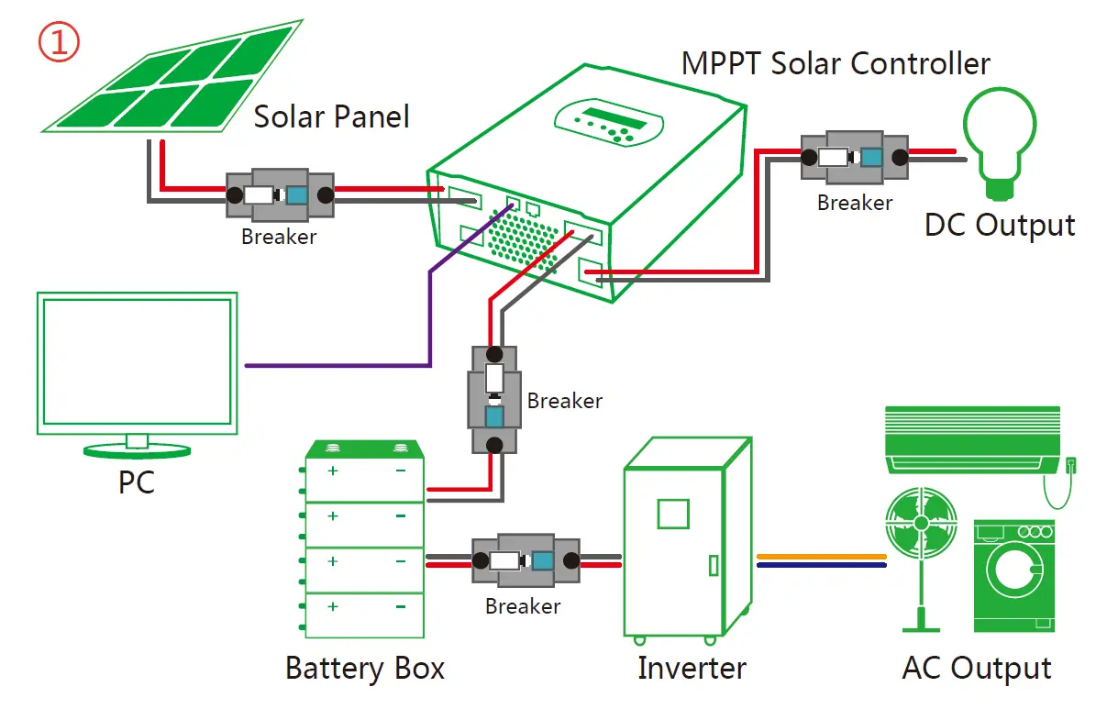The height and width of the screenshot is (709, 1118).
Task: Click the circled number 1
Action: (59, 42)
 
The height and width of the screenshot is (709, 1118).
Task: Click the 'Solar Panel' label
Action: (331, 117)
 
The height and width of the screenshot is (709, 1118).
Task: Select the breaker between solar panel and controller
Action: (279, 194)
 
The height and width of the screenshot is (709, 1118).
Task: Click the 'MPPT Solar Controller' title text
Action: (836, 64)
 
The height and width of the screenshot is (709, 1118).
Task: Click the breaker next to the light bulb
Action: (854, 157)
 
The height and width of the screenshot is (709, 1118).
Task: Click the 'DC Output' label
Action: (999, 226)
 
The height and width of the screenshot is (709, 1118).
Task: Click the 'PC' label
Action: (137, 483)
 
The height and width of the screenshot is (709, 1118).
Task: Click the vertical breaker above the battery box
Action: (494, 400)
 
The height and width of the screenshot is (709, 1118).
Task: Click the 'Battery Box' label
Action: (365, 668)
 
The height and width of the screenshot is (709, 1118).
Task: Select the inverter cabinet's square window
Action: (673, 512)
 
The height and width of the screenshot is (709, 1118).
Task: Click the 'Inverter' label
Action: (692, 668)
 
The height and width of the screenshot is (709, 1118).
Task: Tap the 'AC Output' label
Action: (977, 669)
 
